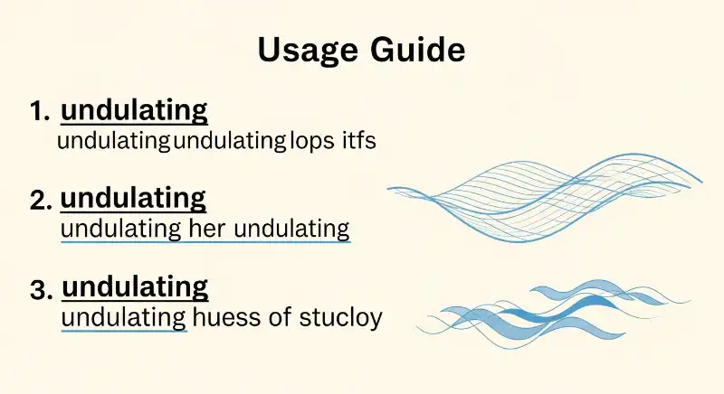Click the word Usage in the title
(312, 50)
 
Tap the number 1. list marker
(41, 112)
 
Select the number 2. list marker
(41, 200)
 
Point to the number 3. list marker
(42, 290)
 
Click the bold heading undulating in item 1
(134, 111)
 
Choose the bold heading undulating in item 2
(133, 198)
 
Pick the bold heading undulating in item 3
(135, 287)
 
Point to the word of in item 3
(280, 318)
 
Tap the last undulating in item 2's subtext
(291, 229)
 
